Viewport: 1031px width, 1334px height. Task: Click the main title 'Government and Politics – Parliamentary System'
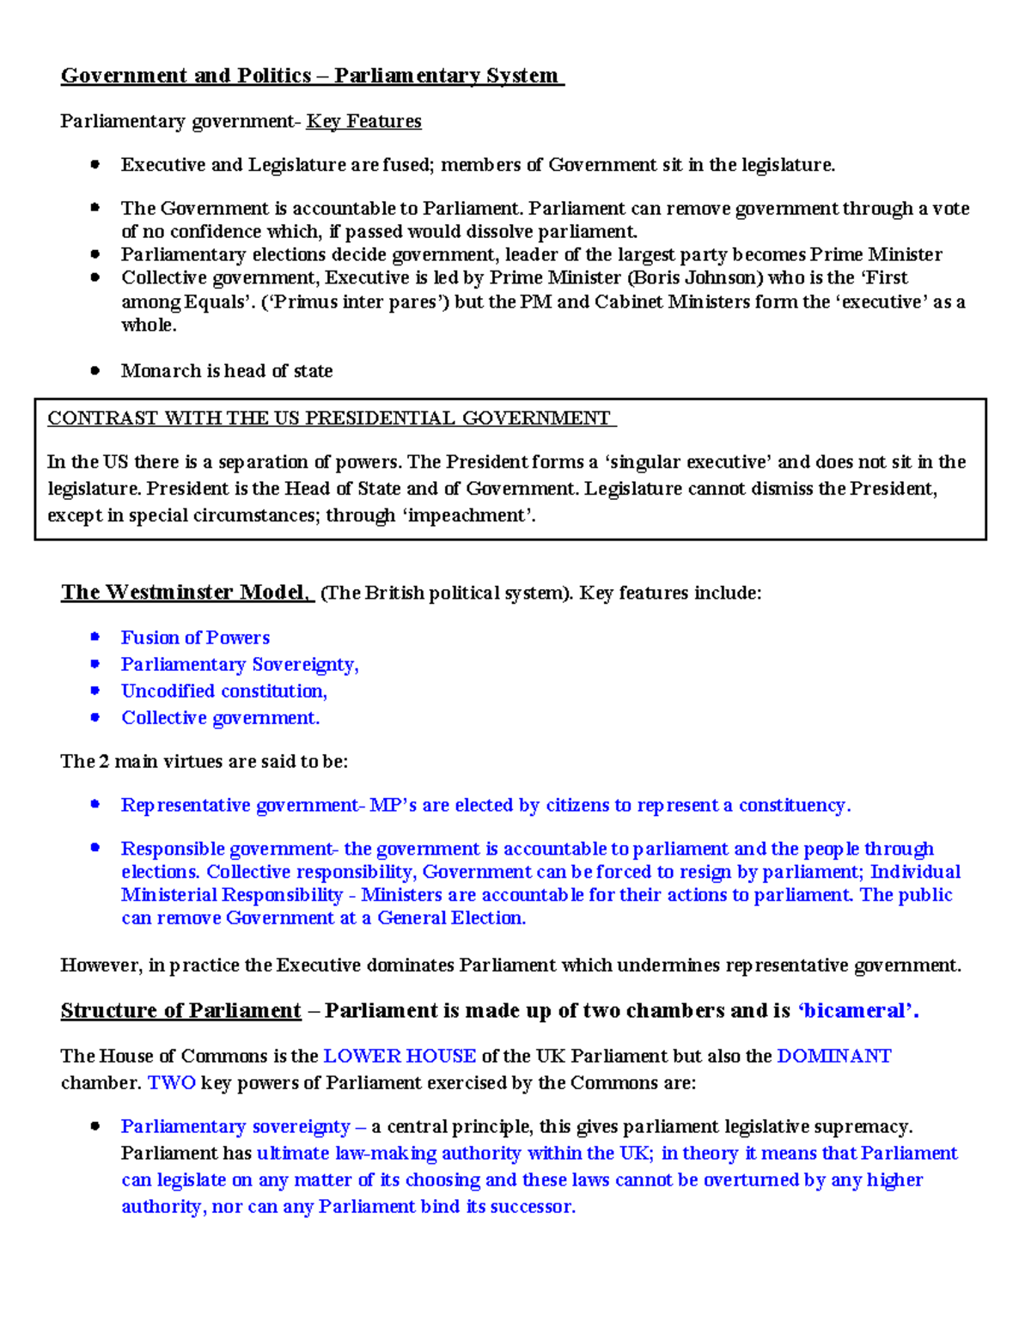(311, 76)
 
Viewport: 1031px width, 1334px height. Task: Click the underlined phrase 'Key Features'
(363, 121)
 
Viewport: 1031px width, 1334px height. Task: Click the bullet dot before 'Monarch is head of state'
(95, 371)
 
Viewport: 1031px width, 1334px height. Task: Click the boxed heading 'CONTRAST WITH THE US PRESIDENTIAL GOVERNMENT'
(330, 418)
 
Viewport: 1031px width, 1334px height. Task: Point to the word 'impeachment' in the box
(468, 515)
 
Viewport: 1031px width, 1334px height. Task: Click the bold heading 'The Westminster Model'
(184, 592)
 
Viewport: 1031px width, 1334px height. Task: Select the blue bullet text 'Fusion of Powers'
(195, 637)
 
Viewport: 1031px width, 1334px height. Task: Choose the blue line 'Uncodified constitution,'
(223, 691)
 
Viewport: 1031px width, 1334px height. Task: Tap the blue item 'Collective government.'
(220, 717)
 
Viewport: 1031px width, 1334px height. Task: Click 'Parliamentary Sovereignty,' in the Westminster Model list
(240, 664)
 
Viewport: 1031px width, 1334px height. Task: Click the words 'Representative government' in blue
(240, 805)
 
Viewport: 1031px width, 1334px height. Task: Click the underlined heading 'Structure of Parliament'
(180, 1010)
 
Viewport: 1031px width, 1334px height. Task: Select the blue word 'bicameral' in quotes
(855, 1010)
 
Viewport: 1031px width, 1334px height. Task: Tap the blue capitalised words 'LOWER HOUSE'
(400, 1056)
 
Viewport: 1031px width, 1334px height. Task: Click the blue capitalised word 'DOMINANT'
(833, 1056)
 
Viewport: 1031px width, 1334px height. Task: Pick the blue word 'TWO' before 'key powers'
(172, 1082)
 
